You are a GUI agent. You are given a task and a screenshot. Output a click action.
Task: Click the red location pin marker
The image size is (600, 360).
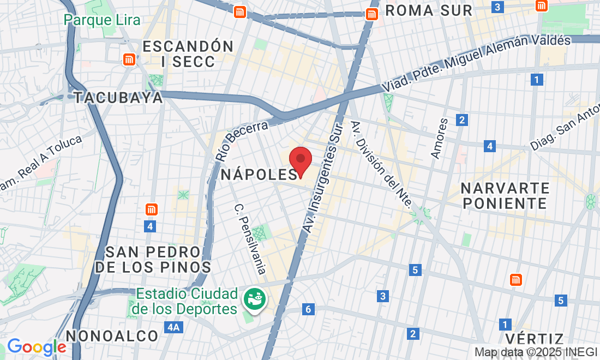pos(300,160)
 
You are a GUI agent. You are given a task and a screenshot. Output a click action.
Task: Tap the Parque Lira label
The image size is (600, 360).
pos(102,20)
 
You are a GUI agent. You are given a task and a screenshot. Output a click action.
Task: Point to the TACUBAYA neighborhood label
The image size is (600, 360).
pos(118,98)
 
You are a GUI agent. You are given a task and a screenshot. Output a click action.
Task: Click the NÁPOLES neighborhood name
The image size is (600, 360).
pos(259,175)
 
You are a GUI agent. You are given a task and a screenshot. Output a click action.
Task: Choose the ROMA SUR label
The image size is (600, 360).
pos(429,10)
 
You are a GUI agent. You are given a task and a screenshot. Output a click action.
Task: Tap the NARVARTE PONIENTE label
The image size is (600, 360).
pos(505,196)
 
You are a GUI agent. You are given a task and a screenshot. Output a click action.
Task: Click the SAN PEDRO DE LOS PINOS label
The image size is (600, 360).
pos(153,260)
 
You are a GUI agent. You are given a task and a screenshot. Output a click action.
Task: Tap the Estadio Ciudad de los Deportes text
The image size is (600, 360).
pos(187,301)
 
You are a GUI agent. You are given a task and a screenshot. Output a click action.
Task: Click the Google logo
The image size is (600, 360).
pos(37,346)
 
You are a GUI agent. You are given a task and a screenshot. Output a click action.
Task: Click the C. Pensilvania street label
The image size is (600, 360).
pos(250,239)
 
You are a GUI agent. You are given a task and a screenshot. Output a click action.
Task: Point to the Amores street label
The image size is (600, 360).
pos(439,139)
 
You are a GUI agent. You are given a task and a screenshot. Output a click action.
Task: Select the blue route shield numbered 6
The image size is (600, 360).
pos(308,310)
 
